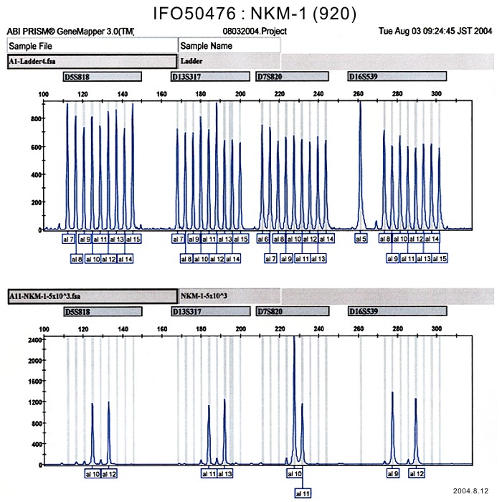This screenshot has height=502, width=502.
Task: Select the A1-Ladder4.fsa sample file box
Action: (x=91, y=61)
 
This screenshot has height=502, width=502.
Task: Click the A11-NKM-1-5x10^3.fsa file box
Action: (x=91, y=296)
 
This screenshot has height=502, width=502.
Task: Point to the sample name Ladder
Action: (x=191, y=61)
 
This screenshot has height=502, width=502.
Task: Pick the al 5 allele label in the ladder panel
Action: (x=361, y=239)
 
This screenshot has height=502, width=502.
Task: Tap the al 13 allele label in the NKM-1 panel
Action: (x=224, y=474)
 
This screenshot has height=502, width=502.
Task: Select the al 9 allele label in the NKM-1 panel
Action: (x=392, y=474)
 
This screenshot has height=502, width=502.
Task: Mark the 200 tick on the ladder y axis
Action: (x=34, y=203)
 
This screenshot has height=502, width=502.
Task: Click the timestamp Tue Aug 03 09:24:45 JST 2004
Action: (x=437, y=32)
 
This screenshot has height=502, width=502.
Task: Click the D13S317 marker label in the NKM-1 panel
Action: (x=210, y=312)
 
